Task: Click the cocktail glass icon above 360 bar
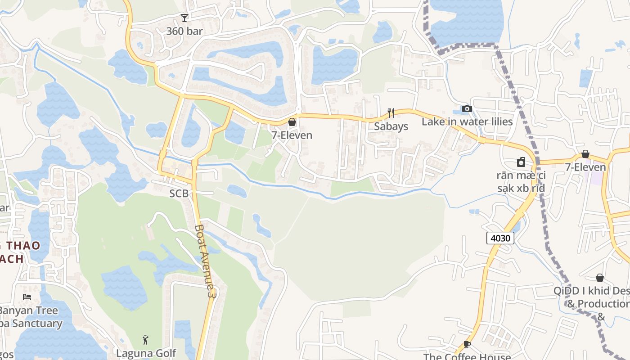[184, 18]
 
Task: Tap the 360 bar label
[184, 31]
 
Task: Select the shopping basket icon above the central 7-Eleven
[292, 122]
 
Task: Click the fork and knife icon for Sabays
[391, 113]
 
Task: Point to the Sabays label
[391, 126]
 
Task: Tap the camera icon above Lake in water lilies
[467, 109]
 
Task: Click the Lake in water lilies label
[467, 122]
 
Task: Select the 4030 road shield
[500, 238]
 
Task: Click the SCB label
[179, 194]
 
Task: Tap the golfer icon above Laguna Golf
[145, 340]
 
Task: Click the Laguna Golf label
[146, 353]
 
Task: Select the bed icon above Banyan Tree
[27, 297]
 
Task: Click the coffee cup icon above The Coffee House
[467, 345]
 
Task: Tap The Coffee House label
[467, 356]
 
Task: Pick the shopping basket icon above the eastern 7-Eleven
[585, 154]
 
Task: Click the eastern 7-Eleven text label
[585, 167]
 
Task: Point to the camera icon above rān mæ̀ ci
[521, 162]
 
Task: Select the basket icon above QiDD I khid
[600, 278]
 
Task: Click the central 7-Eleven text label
[292, 135]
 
